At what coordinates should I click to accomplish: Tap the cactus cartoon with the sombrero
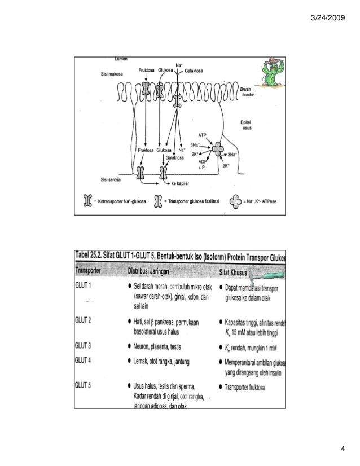point(269,74)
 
